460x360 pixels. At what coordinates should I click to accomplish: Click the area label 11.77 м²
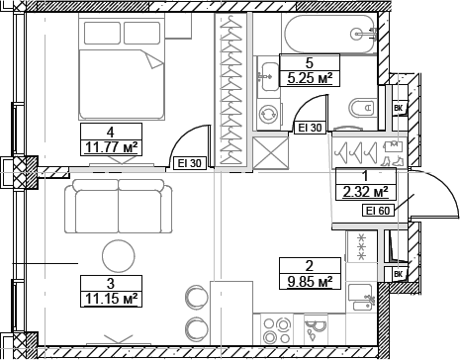pos(110,147)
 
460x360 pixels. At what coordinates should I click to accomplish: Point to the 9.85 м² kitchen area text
pos(311,280)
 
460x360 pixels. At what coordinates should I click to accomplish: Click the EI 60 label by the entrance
pos(378,210)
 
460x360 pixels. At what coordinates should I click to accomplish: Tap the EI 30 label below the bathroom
pos(310,127)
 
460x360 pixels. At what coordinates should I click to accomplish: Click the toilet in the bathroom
pos(361,107)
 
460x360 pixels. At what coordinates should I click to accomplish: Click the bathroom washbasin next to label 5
pos(267,72)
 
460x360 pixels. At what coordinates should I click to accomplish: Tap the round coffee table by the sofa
pos(119,256)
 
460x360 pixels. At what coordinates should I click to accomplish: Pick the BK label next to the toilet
pos(399,108)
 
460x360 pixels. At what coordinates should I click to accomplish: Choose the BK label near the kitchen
pos(399,274)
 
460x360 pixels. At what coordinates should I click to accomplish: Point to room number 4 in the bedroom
pos(110,132)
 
